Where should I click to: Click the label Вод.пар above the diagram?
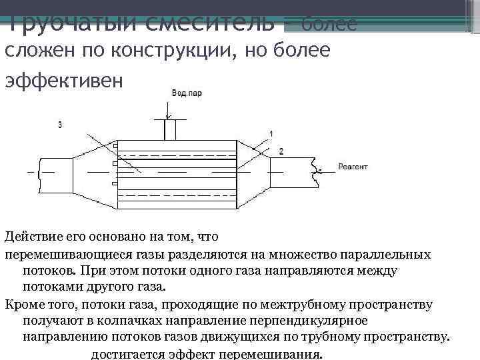[187, 94]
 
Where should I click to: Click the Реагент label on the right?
[353, 167]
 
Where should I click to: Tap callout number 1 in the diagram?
[271, 134]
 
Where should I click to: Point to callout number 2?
[281, 152]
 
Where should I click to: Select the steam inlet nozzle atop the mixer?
[170, 130]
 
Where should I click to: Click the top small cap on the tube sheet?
[115, 145]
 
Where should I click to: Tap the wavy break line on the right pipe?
[314, 171]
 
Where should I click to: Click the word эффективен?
[64, 79]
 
